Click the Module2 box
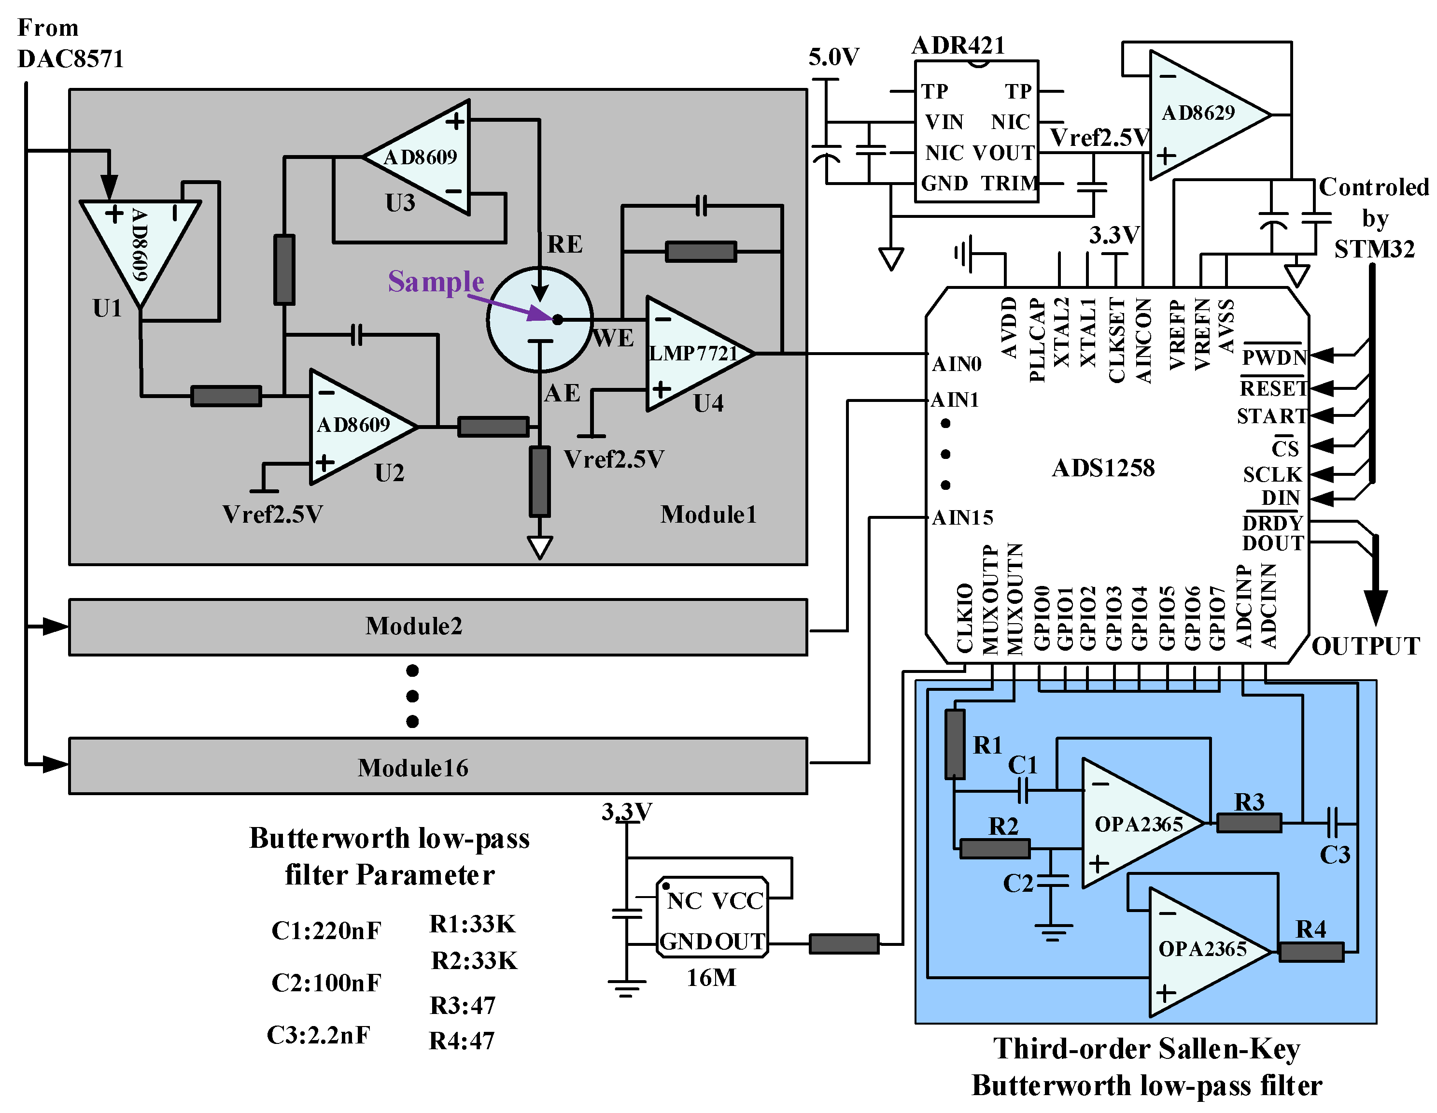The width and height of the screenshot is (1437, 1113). click(437, 627)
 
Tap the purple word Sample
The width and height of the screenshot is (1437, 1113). click(436, 282)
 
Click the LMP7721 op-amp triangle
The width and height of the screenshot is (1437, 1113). click(694, 354)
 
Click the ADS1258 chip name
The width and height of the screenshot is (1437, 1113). click(1103, 468)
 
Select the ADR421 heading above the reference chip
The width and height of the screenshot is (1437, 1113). click(958, 45)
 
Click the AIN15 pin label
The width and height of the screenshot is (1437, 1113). click(962, 518)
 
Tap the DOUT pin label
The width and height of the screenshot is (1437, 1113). click(1272, 543)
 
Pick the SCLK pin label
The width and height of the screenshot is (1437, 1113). click(1272, 474)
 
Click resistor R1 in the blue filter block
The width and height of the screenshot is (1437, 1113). click(955, 744)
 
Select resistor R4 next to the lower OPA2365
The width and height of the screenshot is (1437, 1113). click(1310, 952)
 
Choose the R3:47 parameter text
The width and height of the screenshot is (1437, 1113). click(462, 1005)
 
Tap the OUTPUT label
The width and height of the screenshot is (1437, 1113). click(1365, 646)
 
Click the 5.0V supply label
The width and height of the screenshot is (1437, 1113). click(833, 57)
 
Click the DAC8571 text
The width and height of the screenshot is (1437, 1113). click(70, 58)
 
